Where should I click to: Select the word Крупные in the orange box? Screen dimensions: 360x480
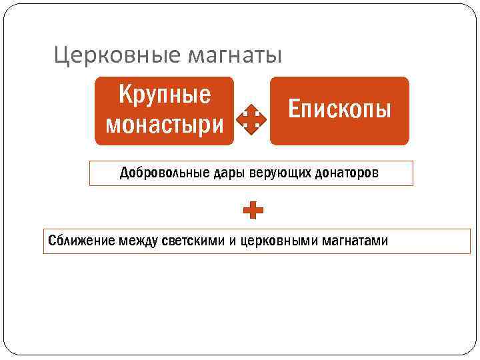[x=165, y=95]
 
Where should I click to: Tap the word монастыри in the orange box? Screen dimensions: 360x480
[x=165, y=124]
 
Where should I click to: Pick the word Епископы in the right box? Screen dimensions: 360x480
[x=339, y=109]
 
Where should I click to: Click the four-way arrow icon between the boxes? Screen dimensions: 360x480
[x=251, y=119]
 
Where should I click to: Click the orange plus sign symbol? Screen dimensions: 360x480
[x=253, y=212]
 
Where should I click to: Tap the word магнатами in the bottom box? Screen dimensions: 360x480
[x=355, y=241]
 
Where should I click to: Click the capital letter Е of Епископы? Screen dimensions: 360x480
[x=293, y=108]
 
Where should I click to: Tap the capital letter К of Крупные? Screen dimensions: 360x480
[x=125, y=95]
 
